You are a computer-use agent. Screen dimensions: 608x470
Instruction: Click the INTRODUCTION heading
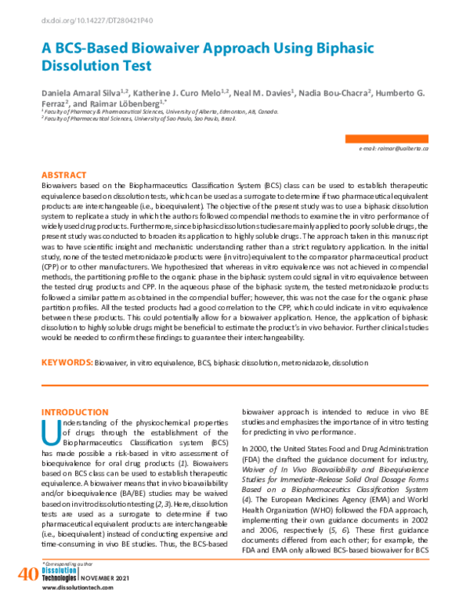tap(74, 411)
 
